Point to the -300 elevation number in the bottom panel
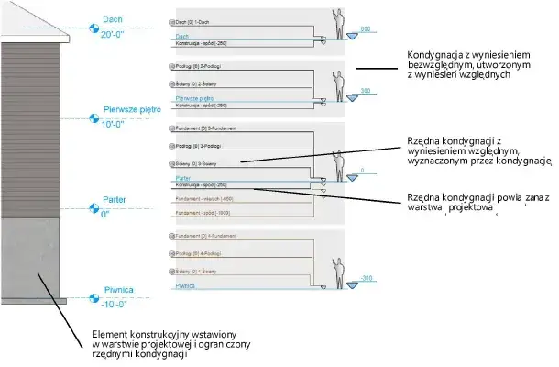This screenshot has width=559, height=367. (x=367, y=277)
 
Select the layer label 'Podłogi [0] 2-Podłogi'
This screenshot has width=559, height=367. (x=193, y=67)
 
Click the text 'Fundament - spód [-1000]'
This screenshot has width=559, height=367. (x=204, y=213)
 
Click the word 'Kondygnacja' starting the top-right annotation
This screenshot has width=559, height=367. (x=432, y=55)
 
